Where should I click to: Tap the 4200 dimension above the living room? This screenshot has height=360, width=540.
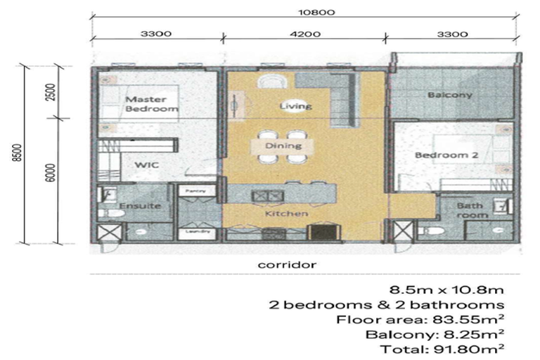[304, 32]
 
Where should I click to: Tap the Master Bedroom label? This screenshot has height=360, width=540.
[151, 104]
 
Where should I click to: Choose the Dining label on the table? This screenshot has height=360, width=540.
[284, 146]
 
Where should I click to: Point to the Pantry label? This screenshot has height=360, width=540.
[191, 191]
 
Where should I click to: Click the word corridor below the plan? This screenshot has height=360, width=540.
[286, 264]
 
